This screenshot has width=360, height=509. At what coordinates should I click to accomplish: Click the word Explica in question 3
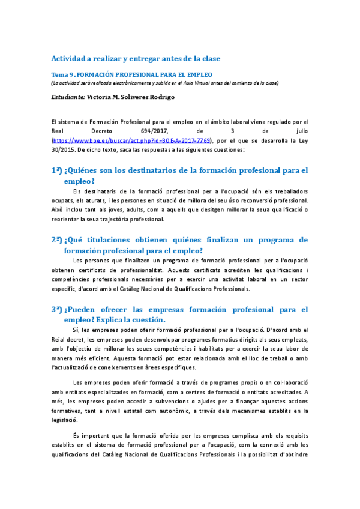113,320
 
